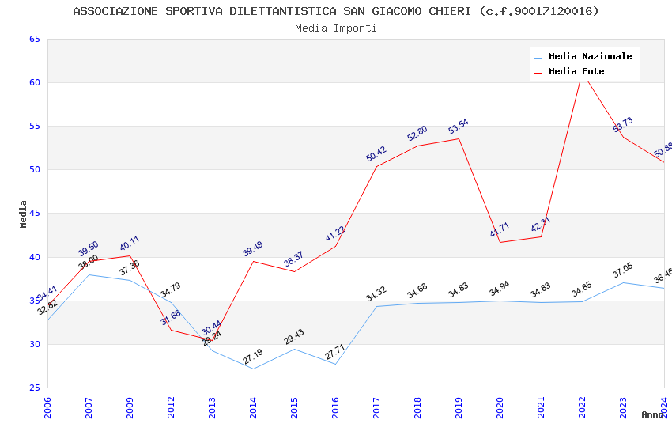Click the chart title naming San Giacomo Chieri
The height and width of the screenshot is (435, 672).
(336, 11)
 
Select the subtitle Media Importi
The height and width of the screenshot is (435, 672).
(336, 28)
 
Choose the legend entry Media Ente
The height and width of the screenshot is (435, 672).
(576, 71)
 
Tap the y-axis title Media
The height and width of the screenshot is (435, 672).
(24, 214)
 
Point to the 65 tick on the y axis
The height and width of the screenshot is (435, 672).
(34, 39)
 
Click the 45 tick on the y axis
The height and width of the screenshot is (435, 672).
(34, 214)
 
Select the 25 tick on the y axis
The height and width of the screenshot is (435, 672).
(34, 388)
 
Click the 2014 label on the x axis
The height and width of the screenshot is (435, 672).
(253, 408)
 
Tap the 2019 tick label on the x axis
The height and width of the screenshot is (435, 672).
(459, 408)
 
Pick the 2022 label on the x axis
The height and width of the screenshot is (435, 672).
(582, 408)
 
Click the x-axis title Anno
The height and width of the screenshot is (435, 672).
(652, 414)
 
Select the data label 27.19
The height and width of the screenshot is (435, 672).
(253, 357)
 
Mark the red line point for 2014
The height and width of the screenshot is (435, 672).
(253, 261)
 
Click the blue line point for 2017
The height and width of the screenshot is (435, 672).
(376, 306)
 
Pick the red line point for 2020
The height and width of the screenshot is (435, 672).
(500, 242)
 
